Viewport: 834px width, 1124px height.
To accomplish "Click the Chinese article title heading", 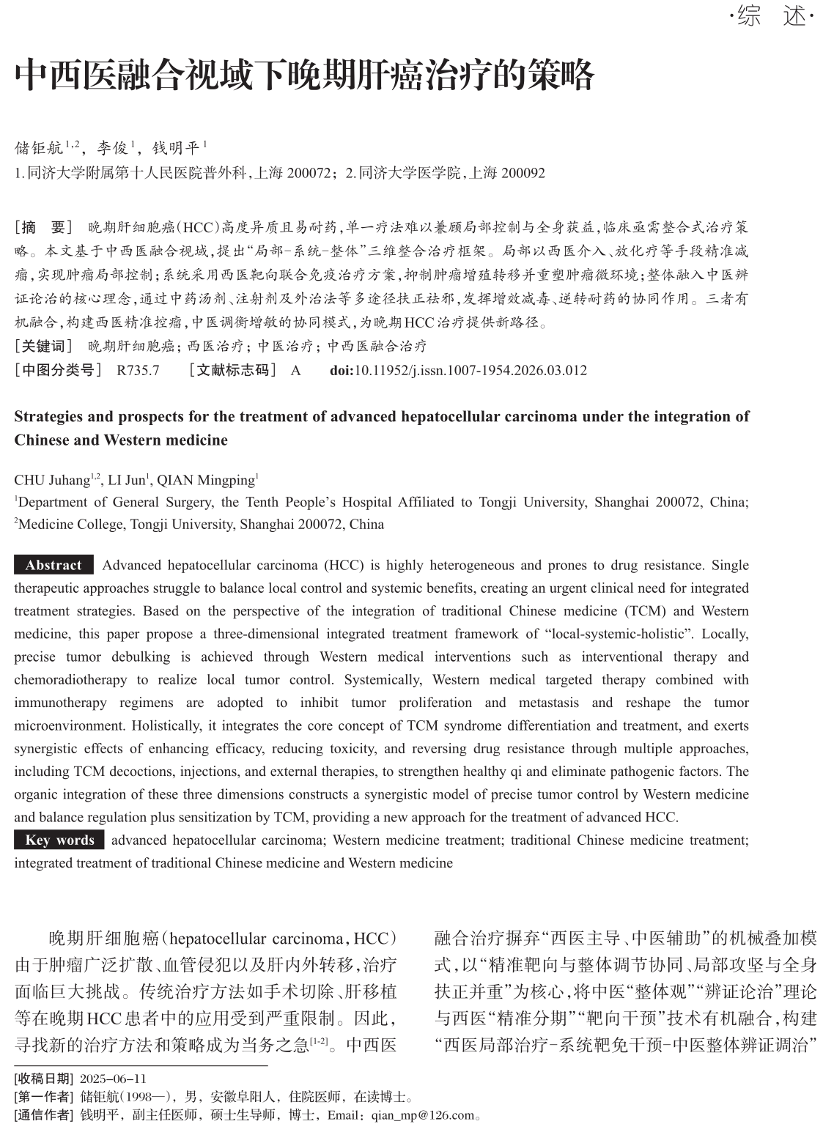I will tap(304, 75).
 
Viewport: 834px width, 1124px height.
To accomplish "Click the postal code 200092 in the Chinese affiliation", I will tap(519, 174).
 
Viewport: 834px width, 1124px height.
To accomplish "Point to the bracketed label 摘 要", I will tap(43, 227).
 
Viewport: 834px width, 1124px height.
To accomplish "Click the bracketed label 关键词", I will tap(43, 347).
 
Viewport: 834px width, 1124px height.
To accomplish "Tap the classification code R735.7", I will tap(138, 371).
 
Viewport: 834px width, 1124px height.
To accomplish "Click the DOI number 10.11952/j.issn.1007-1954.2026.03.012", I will tap(470, 371).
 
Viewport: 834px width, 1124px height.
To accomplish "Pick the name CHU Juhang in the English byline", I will tap(51, 481).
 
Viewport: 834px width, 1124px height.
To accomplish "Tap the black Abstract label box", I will tap(53, 565).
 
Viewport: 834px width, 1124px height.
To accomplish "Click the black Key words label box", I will tap(59, 840).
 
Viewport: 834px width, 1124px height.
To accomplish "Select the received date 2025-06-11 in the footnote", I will tap(113, 1079).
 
